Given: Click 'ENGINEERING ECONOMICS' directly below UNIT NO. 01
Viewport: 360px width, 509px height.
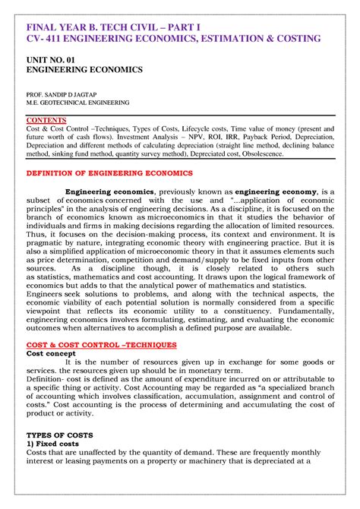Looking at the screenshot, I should click(x=84, y=69).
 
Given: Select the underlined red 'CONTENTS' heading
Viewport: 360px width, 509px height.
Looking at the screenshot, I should click(x=46, y=120).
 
